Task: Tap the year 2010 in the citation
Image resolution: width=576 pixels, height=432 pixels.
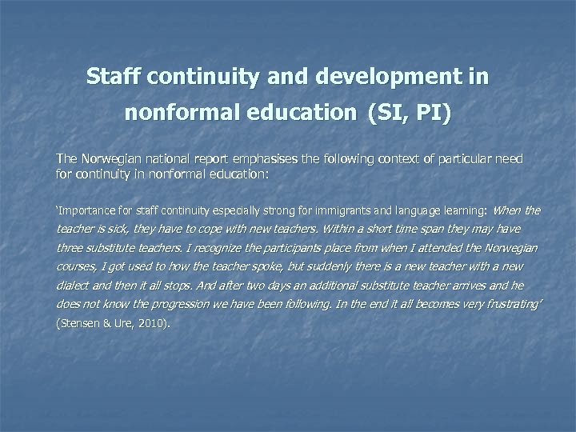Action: coord(150,326)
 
